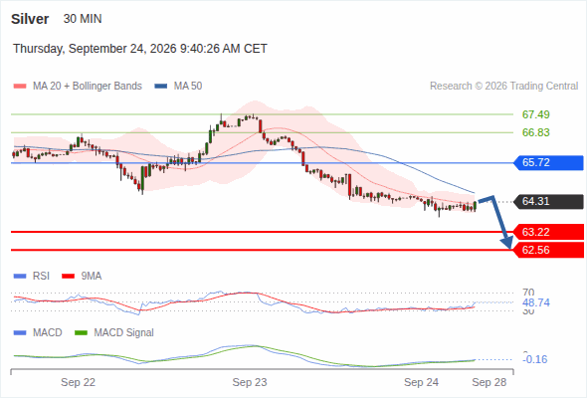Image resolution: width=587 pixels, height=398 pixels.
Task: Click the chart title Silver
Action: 30,19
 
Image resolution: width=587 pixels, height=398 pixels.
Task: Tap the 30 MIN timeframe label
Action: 83,19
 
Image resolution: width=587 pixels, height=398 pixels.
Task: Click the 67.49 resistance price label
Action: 535,114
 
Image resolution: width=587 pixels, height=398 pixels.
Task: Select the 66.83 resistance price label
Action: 535,132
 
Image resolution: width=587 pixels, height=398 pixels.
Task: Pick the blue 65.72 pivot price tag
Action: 548,163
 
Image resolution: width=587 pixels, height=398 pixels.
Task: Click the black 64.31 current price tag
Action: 548,201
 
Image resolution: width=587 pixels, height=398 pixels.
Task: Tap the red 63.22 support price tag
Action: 548,232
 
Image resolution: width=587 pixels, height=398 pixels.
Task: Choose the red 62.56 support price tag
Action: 548,250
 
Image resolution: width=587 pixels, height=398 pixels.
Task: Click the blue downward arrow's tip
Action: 509,248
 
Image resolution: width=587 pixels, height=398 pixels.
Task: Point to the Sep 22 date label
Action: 78,382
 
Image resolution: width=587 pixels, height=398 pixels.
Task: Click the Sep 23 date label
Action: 250,382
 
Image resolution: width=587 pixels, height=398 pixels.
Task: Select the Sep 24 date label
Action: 421,382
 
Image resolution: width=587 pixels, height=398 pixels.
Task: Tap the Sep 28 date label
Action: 489,382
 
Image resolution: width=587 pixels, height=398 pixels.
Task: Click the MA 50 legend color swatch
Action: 161,87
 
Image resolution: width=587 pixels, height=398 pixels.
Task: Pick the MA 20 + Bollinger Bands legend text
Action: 88,87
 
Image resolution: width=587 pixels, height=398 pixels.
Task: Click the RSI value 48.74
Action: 536,302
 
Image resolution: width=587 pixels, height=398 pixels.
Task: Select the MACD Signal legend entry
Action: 114,332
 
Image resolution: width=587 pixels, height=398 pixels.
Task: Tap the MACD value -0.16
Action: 535,359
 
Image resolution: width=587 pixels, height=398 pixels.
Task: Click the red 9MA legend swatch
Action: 68,277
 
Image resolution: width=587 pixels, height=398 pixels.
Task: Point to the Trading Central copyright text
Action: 503,87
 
